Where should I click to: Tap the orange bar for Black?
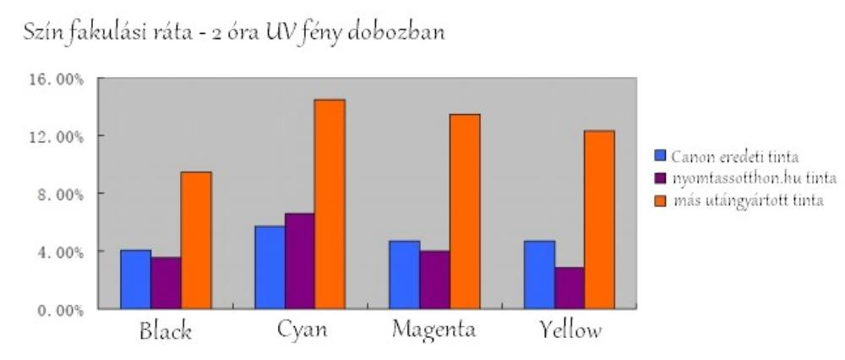[196, 240]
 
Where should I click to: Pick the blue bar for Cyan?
[270, 267]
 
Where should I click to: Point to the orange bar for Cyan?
[330, 204]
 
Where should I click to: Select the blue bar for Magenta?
[404, 275]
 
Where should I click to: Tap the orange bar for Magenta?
[464, 211]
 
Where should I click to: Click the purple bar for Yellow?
[569, 287]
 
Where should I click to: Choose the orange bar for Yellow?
[599, 219]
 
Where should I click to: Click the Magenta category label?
[434, 329]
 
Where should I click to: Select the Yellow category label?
[570, 329]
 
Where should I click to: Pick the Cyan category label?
[302, 329]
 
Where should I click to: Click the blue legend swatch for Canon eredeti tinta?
[661, 155]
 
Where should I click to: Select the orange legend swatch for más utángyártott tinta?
[661, 200]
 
